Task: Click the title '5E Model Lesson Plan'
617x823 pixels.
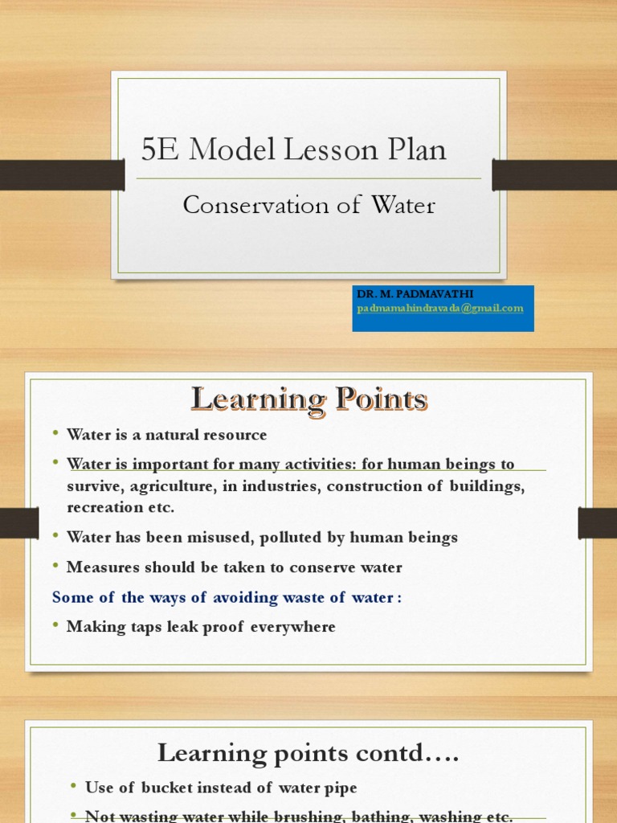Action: tap(293, 150)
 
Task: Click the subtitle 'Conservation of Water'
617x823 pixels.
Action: tap(308, 206)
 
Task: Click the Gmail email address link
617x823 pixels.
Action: tap(440, 308)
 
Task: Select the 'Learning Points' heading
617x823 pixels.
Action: tap(308, 399)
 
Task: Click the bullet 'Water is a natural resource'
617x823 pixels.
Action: tap(166, 435)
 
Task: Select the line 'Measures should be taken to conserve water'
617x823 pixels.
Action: tap(234, 567)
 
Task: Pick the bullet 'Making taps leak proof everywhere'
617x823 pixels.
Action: tap(201, 627)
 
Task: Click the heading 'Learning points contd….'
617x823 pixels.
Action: tap(308, 753)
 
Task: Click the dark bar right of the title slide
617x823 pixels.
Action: tap(554, 174)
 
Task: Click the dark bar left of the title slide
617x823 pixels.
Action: tap(62, 174)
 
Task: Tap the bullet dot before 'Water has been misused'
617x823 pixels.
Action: tap(56, 535)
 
